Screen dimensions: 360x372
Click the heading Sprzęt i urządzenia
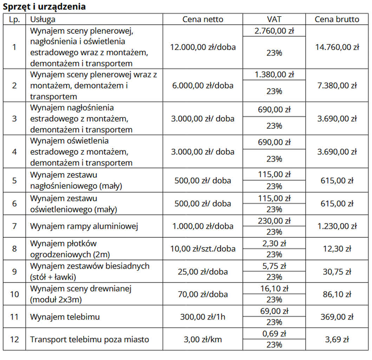point(44,7)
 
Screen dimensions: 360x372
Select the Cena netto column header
point(203,19)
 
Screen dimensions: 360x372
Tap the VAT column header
point(274,19)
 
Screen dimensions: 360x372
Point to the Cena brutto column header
point(337,19)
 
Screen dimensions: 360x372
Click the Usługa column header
point(43,19)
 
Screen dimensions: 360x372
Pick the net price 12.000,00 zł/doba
point(203,47)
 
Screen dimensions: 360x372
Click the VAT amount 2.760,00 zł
point(274,31)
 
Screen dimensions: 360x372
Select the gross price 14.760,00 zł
point(337,47)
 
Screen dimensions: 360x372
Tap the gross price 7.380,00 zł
point(337,85)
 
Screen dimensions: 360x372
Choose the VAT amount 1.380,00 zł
point(274,75)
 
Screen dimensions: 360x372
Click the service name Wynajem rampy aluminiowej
point(84,226)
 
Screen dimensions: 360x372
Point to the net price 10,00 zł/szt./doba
point(203,249)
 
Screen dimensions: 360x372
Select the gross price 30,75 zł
point(337,271)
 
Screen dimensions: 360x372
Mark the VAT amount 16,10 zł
point(274,289)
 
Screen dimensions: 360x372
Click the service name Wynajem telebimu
point(65,317)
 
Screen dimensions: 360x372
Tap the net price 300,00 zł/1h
point(203,317)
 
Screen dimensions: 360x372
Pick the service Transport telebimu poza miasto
point(90,340)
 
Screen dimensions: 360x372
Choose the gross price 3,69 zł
point(337,340)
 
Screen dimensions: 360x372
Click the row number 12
point(14,340)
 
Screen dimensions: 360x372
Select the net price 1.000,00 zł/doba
point(203,226)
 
